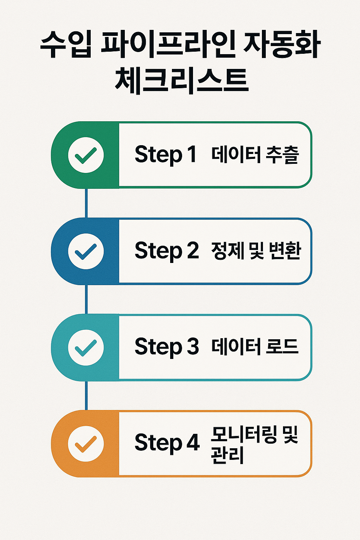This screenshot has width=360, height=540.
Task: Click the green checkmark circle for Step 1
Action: click(86, 155)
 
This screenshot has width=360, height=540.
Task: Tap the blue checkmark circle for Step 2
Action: click(86, 251)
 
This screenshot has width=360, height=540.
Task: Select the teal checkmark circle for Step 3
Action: click(86, 347)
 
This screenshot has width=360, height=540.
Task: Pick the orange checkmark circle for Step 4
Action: click(86, 444)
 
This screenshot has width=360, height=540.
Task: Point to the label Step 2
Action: click(167, 251)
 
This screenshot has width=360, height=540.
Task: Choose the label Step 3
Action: click(167, 347)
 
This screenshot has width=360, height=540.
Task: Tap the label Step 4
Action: click(167, 443)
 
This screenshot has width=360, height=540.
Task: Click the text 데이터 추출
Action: click(255, 155)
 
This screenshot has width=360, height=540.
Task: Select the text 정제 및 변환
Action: click(256, 251)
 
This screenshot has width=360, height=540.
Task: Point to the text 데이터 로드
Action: click(255, 347)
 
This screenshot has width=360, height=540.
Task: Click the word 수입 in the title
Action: click(66, 46)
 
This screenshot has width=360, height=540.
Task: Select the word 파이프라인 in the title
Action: click(168, 46)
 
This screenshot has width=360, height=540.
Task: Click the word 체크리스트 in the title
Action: click(181, 81)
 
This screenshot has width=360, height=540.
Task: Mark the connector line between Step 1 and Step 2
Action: click(86, 203)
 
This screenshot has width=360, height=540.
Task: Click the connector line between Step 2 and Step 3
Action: click(86, 300)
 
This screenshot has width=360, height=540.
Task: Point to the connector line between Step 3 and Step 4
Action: click(86, 396)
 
